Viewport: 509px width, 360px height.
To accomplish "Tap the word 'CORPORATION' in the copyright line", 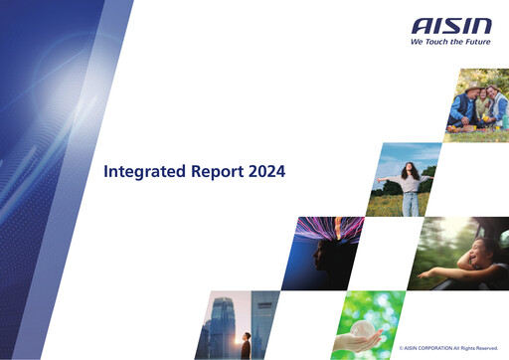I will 438,348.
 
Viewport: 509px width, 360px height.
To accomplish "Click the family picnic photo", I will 476,105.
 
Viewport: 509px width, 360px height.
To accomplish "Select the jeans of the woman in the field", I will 411,203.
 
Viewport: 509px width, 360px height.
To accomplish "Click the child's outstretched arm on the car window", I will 437,271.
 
